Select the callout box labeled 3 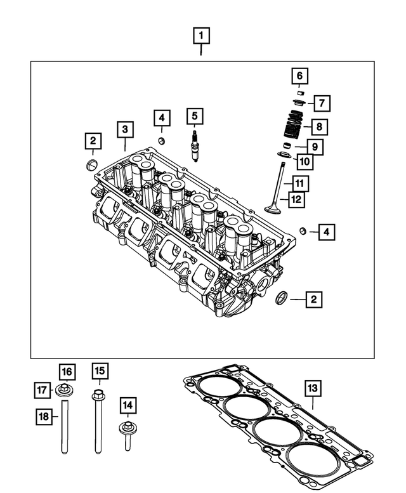pyautogui.click(x=125, y=129)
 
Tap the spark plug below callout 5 pyautogui.click(x=195, y=145)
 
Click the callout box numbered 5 pyautogui.click(x=195, y=116)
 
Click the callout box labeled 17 pyautogui.click(x=43, y=388)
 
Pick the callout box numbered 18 pyautogui.click(x=43, y=416)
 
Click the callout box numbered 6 pyautogui.click(x=300, y=77)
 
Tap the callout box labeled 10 pyautogui.click(x=305, y=162)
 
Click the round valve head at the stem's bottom pyautogui.click(x=275, y=208)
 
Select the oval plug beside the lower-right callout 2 pyautogui.click(x=283, y=297)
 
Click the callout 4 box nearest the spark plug pyautogui.click(x=162, y=117)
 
